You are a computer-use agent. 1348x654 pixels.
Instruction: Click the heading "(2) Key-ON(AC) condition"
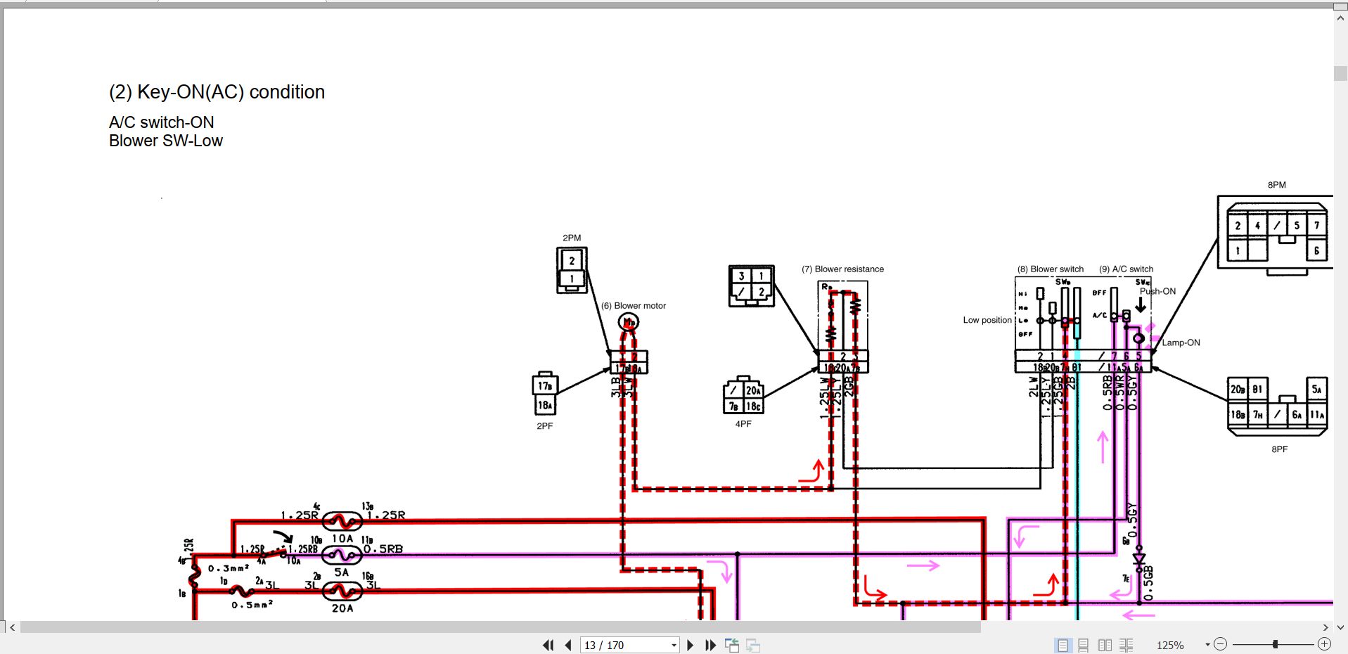(217, 92)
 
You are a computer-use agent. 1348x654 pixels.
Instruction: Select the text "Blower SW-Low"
(166, 141)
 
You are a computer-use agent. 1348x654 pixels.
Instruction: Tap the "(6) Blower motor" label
(633, 306)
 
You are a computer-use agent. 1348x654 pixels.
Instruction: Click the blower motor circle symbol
(628, 322)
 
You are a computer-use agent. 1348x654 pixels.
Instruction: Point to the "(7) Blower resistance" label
(842, 269)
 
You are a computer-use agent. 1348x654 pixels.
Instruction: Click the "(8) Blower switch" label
(1050, 269)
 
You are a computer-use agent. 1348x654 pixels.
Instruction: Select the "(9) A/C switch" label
(1126, 269)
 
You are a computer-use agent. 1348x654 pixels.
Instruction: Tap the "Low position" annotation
(987, 320)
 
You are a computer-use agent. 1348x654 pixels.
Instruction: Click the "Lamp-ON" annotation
(1181, 342)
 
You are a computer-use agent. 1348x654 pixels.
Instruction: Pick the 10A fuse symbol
(342, 522)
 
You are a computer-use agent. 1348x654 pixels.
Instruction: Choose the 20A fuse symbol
(342, 591)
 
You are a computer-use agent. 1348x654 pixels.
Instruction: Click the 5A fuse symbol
(342, 556)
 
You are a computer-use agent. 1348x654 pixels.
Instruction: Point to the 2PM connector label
(572, 238)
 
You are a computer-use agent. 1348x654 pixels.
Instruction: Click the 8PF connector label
(1279, 449)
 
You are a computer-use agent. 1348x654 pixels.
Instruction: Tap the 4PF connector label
(743, 424)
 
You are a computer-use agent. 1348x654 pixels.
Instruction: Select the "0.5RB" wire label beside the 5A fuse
(384, 549)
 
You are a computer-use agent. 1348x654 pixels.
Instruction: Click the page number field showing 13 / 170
(624, 645)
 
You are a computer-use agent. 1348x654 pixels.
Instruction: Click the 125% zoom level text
(1170, 645)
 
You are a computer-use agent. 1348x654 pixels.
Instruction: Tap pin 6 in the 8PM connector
(1316, 250)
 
